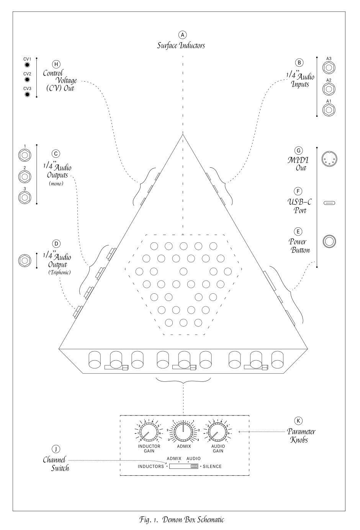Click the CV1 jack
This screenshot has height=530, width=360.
27,65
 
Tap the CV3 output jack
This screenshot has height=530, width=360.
27,94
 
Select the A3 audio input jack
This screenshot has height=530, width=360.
329,68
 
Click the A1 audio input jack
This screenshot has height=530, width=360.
329,110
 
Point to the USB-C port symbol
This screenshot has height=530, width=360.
329,203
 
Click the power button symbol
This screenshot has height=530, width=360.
329,241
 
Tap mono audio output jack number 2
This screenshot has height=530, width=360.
25,177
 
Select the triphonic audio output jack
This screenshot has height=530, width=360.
25,260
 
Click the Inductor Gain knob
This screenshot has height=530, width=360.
149,433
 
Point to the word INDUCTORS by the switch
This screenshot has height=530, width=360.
151,466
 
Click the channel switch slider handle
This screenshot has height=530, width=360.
194,466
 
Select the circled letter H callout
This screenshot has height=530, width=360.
57,64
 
